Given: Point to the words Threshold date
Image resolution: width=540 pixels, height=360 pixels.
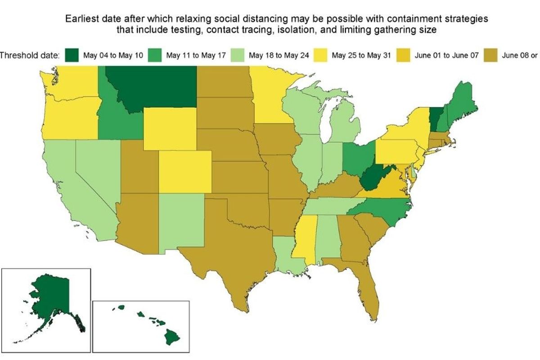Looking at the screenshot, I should coord(29,56).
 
